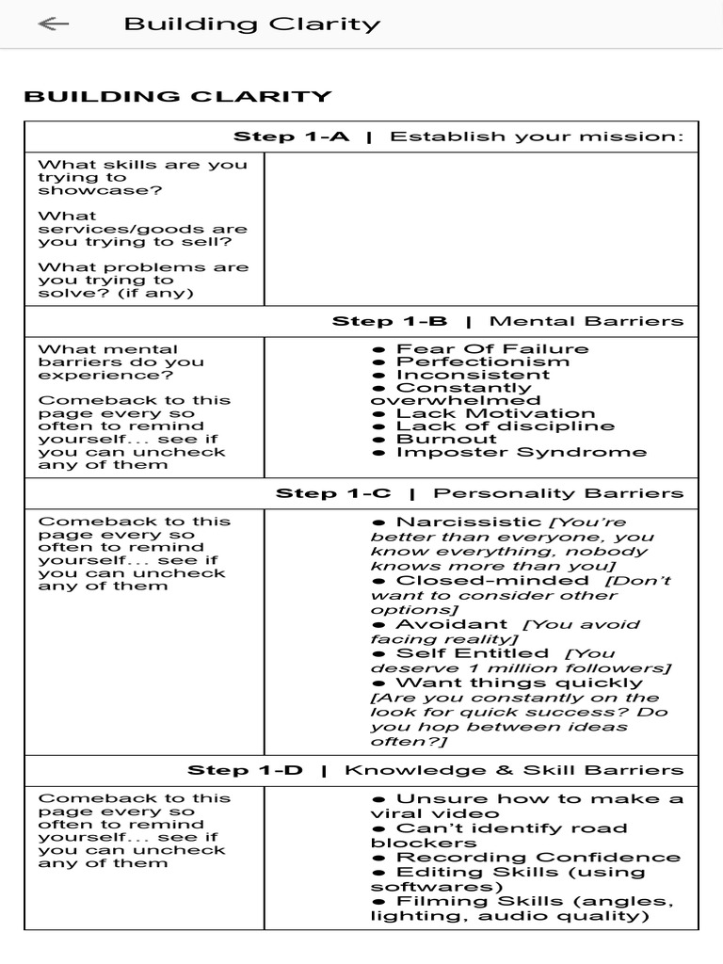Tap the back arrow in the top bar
pyautogui.click(x=54, y=24)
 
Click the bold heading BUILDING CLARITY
pyautogui.click(x=178, y=96)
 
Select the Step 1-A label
pyautogui.click(x=291, y=137)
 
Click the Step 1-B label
pyautogui.click(x=390, y=321)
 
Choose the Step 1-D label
pyautogui.click(x=246, y=770)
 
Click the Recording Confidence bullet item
pyautogui.click(x=538, y=858)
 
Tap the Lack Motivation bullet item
pyautogui.click(x=495, y=413)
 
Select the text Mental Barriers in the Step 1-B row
pyautogui.click(x=586, y=321)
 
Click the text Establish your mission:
pyautogui.click(x=537, y=137)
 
